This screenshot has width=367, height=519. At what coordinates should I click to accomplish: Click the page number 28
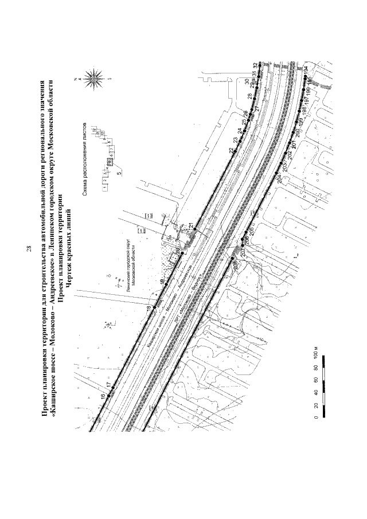coord(27,249)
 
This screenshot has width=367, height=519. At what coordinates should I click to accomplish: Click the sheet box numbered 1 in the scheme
coord(104,188)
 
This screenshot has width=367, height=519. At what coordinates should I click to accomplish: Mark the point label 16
coord(104,396)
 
